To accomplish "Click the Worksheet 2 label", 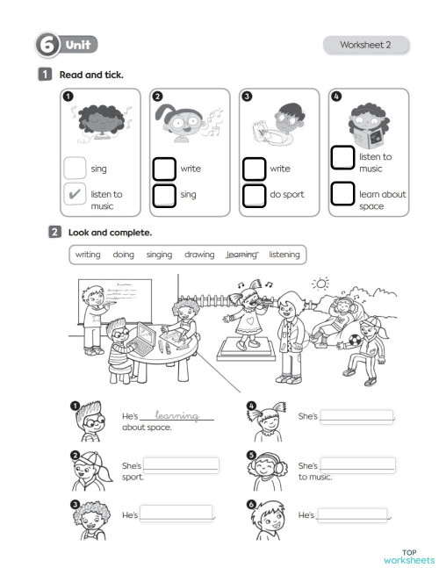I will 365,45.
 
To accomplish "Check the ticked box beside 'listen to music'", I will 76,195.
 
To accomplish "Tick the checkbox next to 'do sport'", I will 254,195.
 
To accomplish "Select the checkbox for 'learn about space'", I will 342,193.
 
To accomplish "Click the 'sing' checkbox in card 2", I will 164,195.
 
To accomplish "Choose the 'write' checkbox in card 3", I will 254,169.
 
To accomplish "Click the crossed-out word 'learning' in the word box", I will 241,255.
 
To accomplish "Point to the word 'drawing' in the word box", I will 199,255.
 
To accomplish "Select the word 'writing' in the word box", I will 88,255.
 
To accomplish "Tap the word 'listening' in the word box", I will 284,255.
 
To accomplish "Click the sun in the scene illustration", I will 321,284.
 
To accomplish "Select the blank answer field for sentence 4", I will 356,416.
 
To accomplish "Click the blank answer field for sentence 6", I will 352,514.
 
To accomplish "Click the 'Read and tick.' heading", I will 91,75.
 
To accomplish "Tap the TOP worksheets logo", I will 409,556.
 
